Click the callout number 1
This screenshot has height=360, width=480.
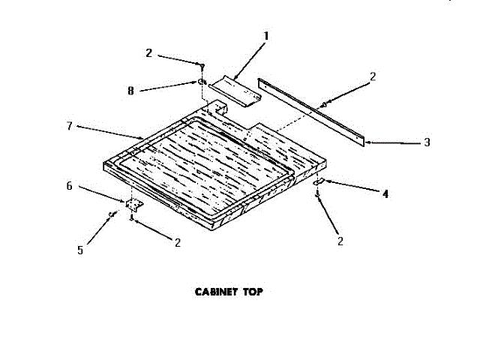pos(265,34)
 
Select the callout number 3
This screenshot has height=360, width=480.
pos(426,142)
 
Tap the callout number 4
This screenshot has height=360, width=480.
pos(385,193)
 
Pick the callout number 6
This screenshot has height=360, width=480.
pos(70,185)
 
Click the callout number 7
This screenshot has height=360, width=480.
pos(69,126)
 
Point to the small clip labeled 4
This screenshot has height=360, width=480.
pos(318,183)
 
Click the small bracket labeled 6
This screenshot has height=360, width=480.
pos(134,204)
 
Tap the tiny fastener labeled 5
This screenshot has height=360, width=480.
pos(112,215)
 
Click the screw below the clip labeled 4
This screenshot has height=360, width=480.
pos(319,196)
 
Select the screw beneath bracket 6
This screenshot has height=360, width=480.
pos(133,218)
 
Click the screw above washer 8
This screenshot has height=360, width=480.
pos(201,66)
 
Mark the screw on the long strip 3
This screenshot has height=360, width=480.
pos(324,104)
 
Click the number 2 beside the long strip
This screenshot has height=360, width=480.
pos(373,75)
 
